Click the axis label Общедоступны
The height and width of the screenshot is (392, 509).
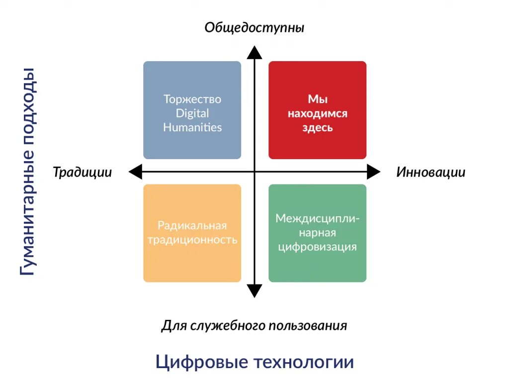pos(254,27)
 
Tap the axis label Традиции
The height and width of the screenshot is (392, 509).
pos(82,172)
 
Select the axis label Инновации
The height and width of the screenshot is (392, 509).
pos(430,172)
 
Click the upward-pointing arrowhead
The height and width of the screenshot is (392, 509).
pos(254,52)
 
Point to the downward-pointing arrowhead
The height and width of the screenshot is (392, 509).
pos(254,291)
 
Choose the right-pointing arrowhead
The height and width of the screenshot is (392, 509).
pos(374,172)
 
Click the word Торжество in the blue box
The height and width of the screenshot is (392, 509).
pos(192,99)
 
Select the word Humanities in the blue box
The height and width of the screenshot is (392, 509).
pos(192,127)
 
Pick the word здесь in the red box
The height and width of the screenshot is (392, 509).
pos(318,127)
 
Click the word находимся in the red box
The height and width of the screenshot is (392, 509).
pos(318,113)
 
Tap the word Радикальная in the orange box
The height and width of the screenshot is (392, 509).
pos(192,225)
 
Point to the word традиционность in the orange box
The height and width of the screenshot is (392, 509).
pos(192,240)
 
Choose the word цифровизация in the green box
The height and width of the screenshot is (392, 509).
pos(318,247)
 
